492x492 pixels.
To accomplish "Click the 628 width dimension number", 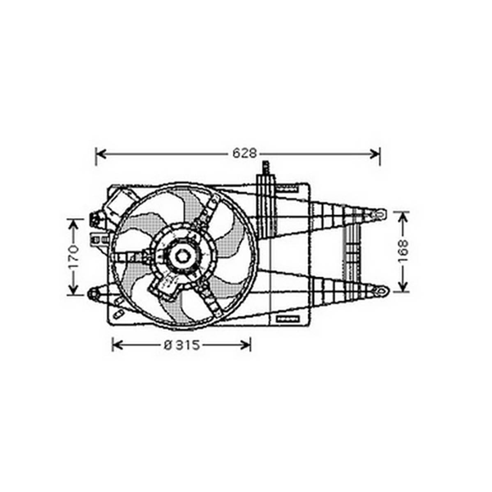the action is [x=244, y=154].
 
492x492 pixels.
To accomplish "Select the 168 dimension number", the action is [x=403, y=251].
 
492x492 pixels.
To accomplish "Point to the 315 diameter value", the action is [x=187, y=345].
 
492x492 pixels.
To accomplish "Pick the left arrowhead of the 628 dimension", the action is [x=100, y=154].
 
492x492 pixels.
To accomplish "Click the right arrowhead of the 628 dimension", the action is [x=375, y=154].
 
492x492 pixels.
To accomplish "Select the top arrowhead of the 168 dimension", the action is [x=403, y=217].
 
